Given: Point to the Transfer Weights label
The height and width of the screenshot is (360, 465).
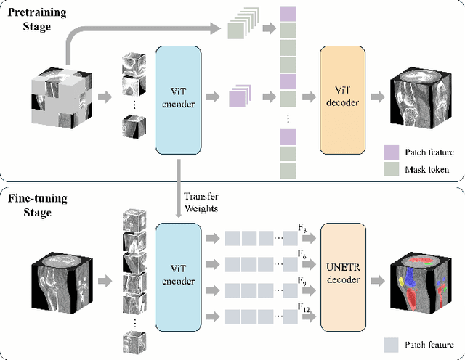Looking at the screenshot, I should tap(201, 201).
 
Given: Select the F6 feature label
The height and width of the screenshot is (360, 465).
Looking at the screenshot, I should tap(302, 253).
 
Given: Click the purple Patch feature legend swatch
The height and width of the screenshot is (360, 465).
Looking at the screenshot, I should tap(391, 152).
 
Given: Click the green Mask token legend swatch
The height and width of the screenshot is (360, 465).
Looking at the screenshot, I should tap(391, 168).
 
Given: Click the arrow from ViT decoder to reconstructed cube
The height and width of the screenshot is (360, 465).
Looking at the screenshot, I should tap(378, 96).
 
